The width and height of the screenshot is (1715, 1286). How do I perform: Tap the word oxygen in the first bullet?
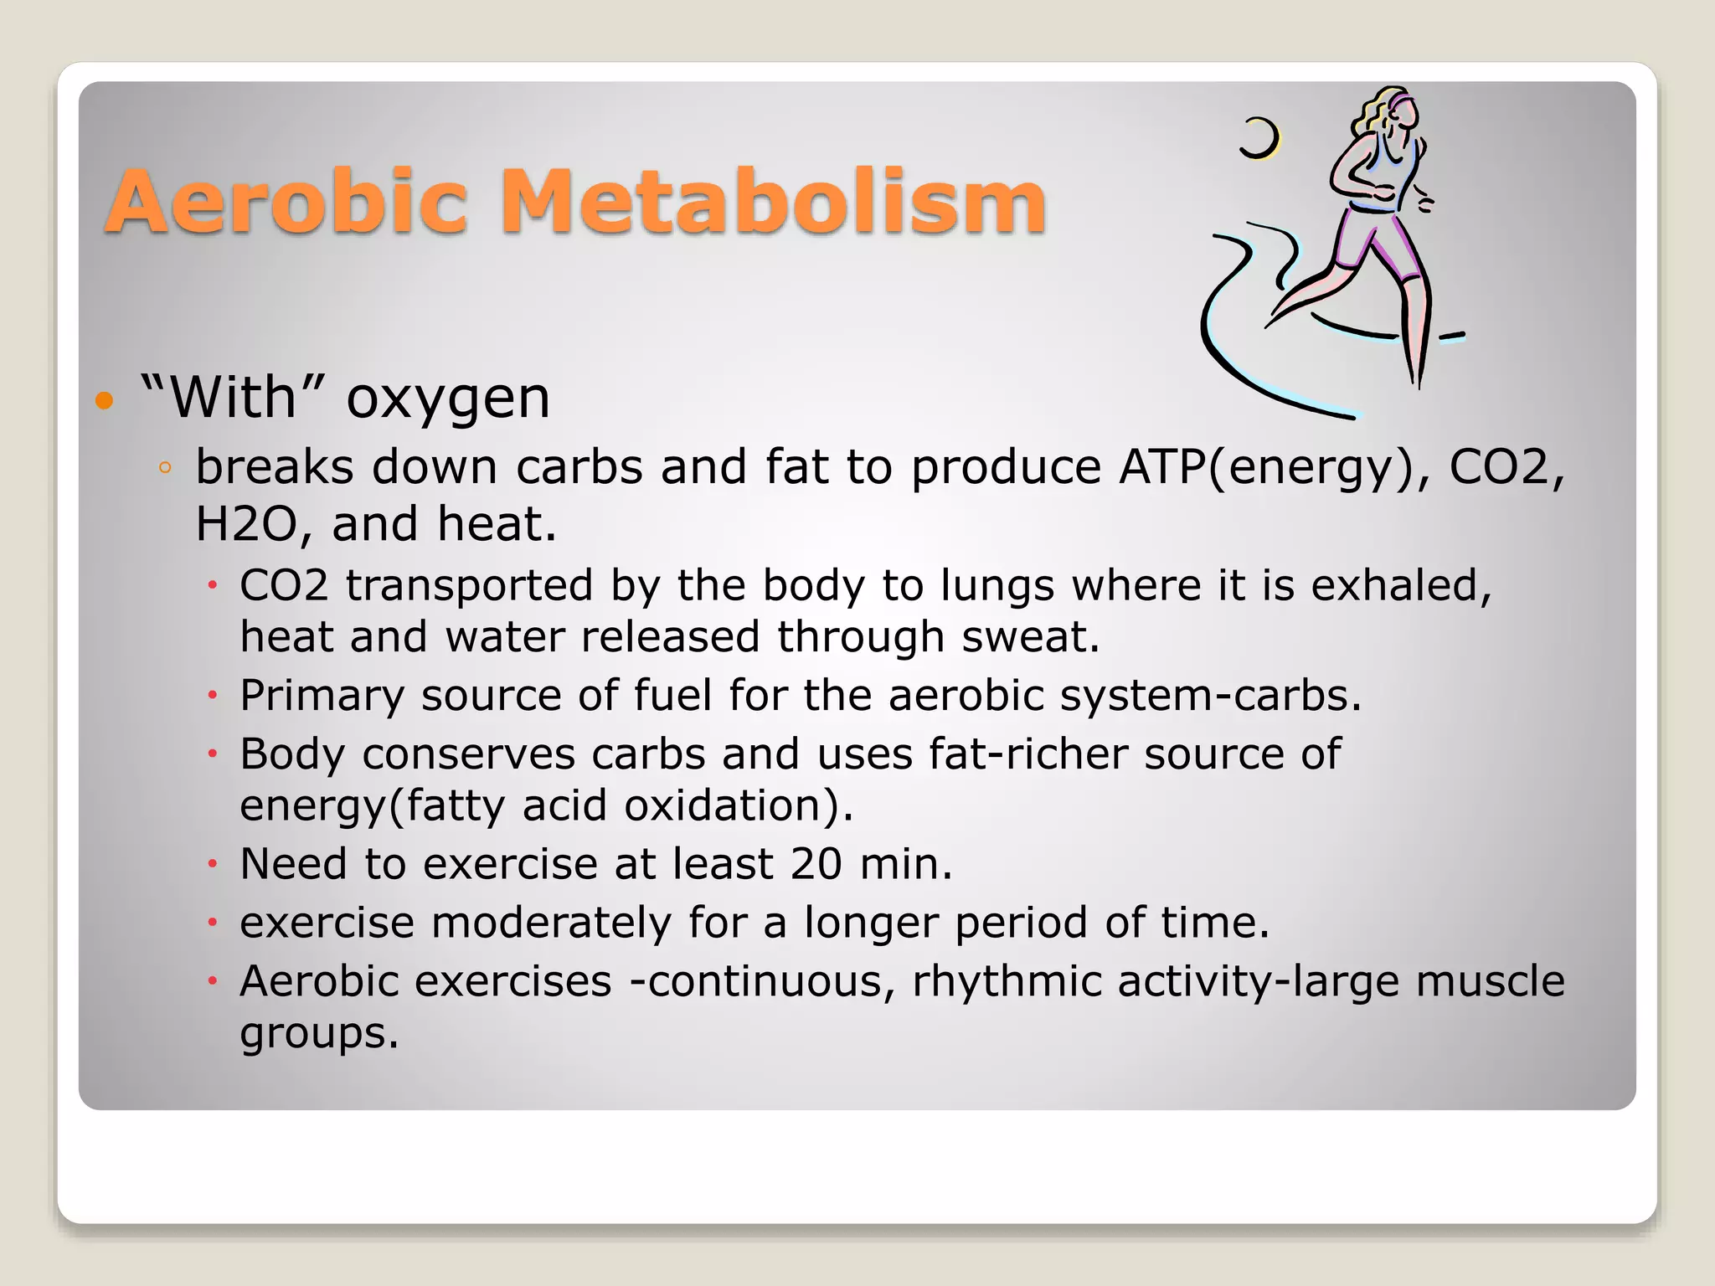pos(448,399)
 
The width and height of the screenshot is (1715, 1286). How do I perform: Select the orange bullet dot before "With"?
pos(104,399)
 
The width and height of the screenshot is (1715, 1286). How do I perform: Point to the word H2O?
pos(246,525)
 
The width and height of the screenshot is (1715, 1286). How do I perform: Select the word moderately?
pos(551,923)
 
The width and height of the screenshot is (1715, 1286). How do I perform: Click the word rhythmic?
pos(1006,981)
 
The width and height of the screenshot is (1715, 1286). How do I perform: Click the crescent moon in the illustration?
pos(1260,138)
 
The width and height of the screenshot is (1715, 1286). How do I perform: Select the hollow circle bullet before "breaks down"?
pos(165,468)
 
